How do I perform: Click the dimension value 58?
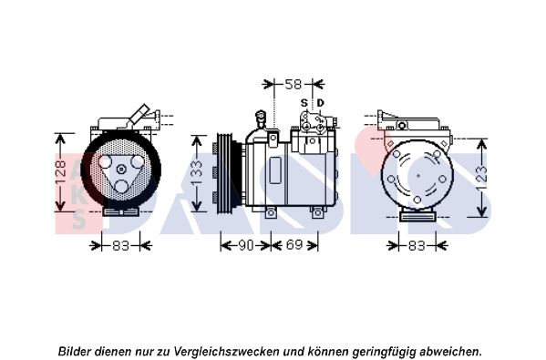tap(293, 84)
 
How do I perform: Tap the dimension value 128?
tap(60, 169)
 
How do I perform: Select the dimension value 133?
tap(197, 172)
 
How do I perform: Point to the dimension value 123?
tap(481, 179)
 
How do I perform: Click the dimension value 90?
tap(245, 245)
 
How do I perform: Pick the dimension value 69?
tap(294, 245)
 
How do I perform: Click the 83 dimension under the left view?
tap(121, 246)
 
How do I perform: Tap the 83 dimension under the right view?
tap(417, 246)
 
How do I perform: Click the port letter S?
tap(304, 103)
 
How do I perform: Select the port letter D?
tap(320, 103)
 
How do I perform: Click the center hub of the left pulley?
tap(121, 170)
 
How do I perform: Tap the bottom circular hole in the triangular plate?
tap(121, 186)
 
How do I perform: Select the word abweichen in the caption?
tap(449, 351)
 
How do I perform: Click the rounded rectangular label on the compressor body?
tap(275, 170)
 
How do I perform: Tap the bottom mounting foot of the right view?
tap(417, 217)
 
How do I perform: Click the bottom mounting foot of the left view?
tap(121, 211)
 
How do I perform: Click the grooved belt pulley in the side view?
tap(228, 173)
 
